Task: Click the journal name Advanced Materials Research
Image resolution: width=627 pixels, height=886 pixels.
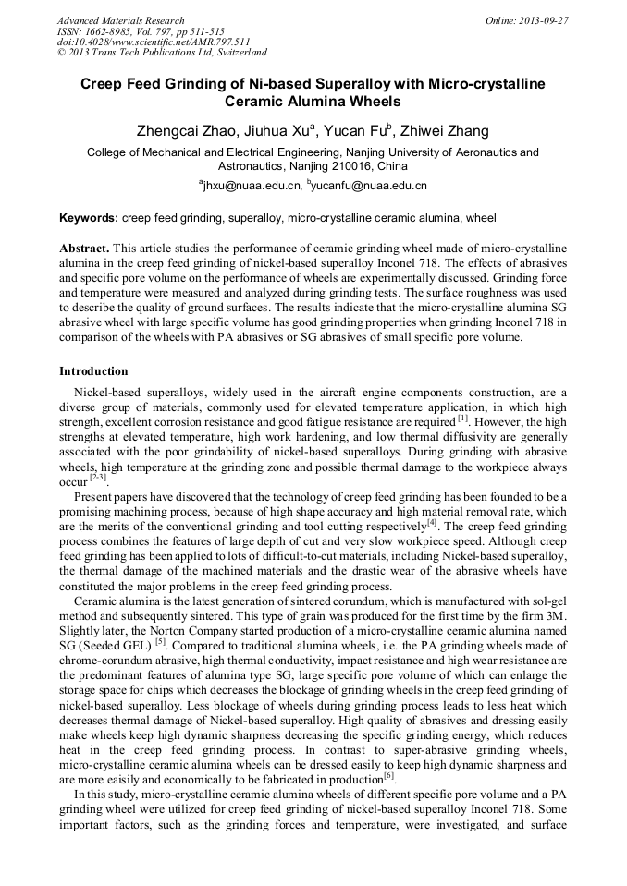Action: pos(120,20)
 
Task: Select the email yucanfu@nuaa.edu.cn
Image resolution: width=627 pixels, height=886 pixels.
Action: pos(370,187)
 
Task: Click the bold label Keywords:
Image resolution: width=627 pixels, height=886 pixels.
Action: pos(89,219)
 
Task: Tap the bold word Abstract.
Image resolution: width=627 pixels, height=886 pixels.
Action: pos(84,249)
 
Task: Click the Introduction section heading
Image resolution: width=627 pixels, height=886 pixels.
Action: pos(93,371)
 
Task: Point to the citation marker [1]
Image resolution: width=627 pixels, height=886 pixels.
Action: pos(463,419)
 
